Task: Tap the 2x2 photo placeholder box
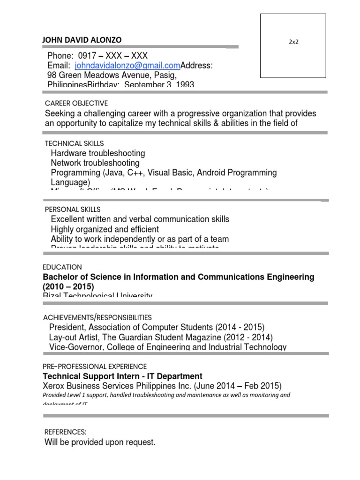pos(293,46)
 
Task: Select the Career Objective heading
pos(76,103)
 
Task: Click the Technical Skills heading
pos(74,143)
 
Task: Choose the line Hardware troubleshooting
pos(98,153)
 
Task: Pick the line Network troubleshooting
pos(95,163)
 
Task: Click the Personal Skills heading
pos(72,210)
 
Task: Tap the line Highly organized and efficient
pos(105,229)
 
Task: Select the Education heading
pos(62,267)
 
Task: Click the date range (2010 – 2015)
pos(68,286)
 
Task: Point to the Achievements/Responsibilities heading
pos(97,317)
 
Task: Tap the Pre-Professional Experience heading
pos(95,366)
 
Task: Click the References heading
pos(65,432)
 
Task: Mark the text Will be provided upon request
pos(100,442)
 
